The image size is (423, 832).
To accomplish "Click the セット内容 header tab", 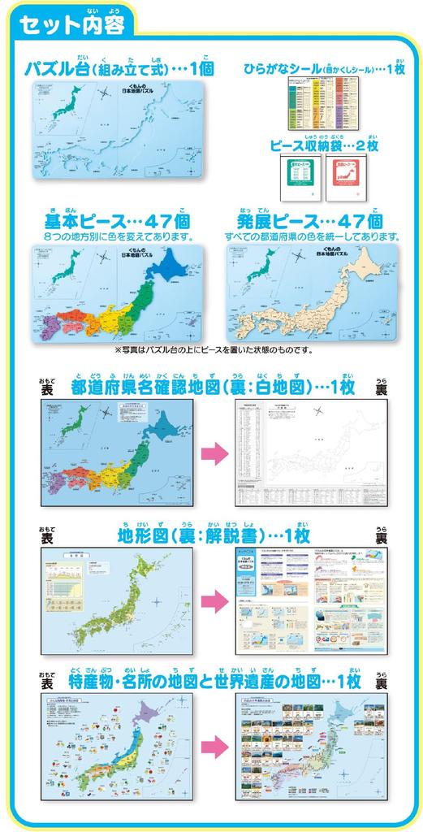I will pyautogui.click(x=71, y=24).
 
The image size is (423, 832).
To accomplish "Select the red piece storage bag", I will pyautogui.click(x=342, y=178).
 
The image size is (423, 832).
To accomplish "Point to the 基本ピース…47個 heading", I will pyautogui.click(x=117, y=222).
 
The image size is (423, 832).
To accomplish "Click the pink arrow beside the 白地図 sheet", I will pyautogui.click(x=213, y=453).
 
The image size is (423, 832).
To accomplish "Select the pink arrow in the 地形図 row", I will pyautogui.click(x=213, y=602).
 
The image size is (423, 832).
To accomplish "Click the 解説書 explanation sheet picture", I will pyautogui.click(x=308, y=602).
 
